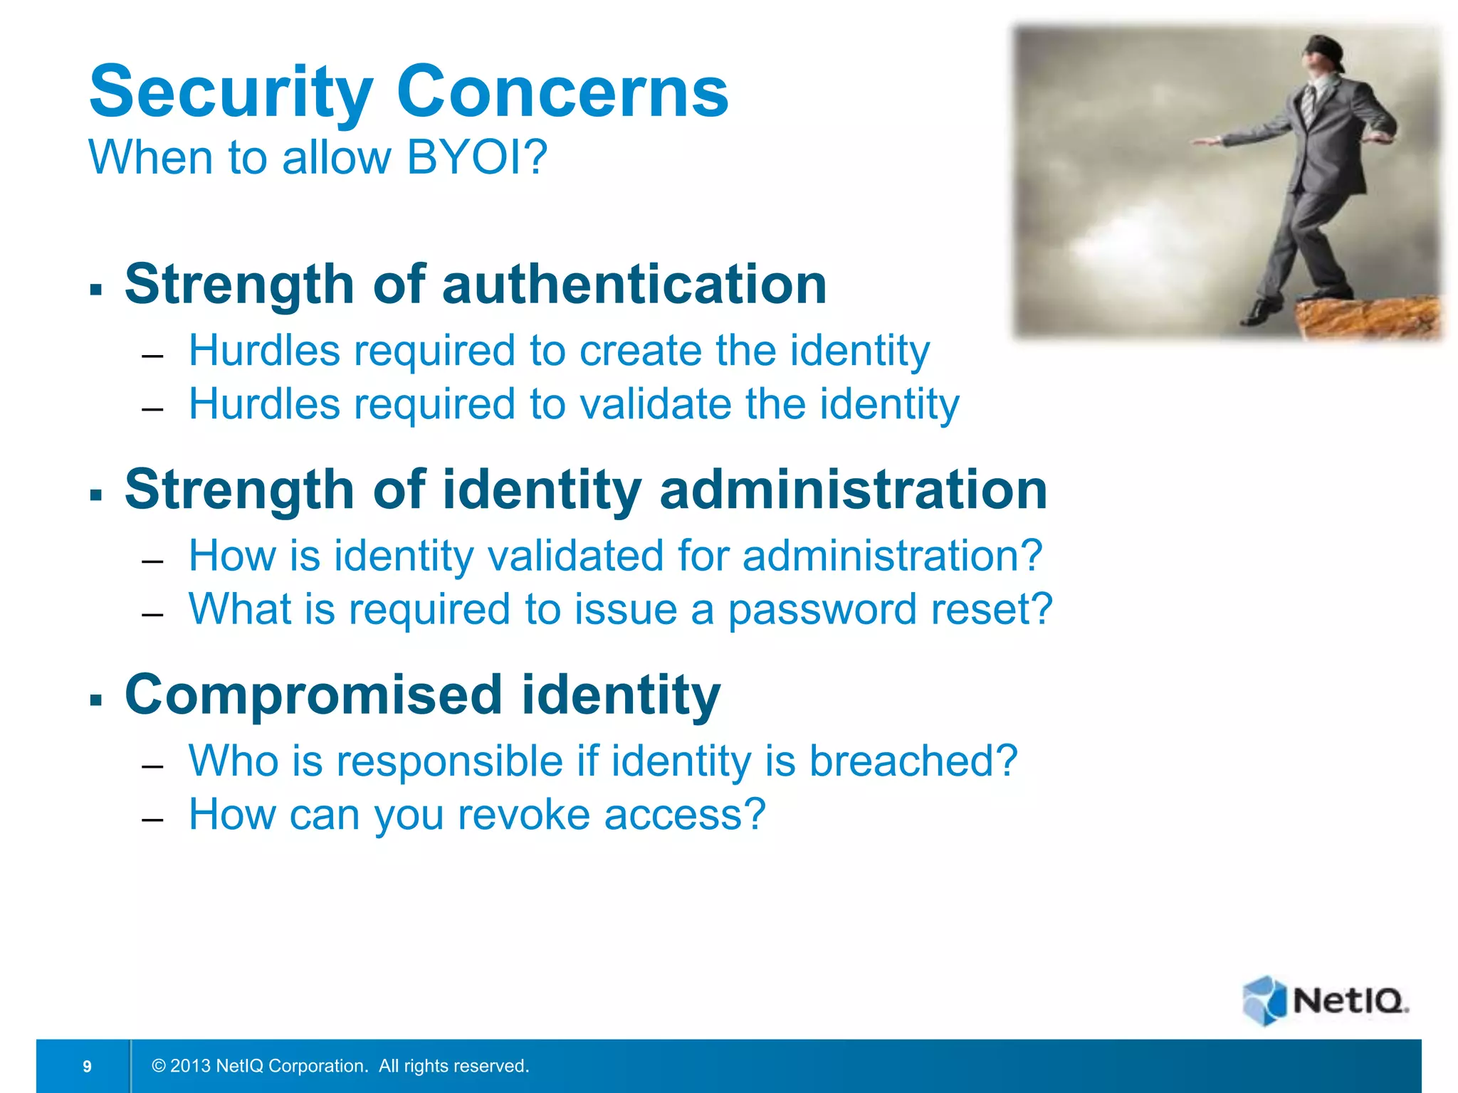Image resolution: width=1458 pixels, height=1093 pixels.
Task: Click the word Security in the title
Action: (230, 93)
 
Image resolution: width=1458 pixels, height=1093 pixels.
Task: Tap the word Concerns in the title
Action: (562, 93)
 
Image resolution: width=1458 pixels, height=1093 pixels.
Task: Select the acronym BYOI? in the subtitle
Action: (476, 157)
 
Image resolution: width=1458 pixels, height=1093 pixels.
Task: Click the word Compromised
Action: (313, 695)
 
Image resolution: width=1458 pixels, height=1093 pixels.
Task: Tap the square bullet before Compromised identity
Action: (96, 699)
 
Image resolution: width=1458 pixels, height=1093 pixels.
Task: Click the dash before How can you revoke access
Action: (152, 820)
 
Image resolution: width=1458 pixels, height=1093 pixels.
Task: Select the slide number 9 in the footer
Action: (87, 1066)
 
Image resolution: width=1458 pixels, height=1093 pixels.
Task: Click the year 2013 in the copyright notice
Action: (190, 1066)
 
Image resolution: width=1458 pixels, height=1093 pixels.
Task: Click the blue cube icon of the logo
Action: (1264, 1000)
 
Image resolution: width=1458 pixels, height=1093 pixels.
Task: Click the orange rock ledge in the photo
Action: (1367, 317)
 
